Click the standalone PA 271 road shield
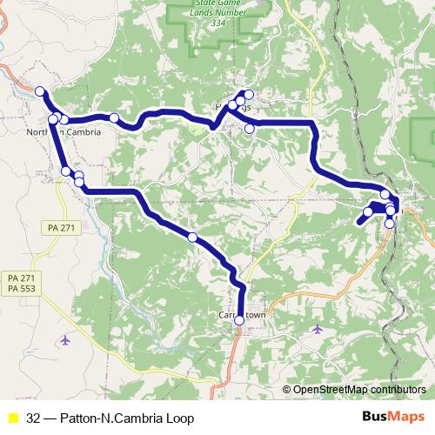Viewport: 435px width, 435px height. [57, 227]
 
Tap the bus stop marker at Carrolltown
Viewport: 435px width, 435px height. [240, 320]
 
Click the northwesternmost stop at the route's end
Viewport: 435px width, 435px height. [40, 90]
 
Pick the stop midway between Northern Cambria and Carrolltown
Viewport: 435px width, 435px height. [192, 237]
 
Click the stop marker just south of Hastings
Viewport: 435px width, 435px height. [250, 129]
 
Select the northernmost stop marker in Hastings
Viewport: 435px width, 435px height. [249, 95]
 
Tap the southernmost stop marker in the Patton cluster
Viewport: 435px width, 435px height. [389, 223]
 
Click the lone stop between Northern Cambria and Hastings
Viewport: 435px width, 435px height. [114, 117]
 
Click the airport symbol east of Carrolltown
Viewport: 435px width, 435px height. [317, 329]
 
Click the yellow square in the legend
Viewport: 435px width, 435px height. [12, 418]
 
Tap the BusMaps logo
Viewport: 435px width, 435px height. [393, 418]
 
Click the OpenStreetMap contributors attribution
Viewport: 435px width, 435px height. [358, 390]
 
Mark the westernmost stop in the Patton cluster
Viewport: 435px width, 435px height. [368, 211]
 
